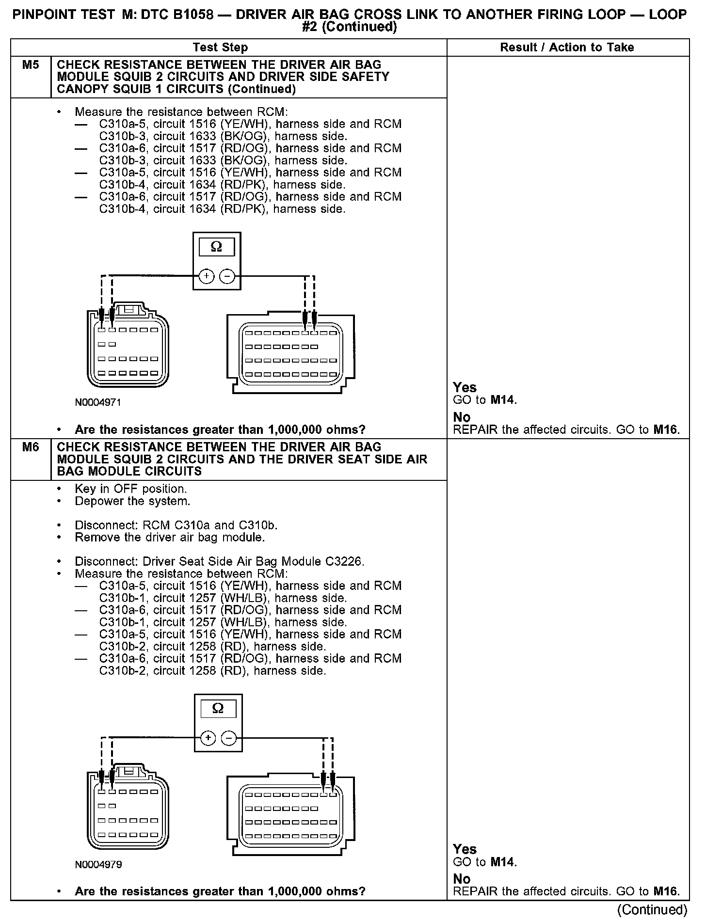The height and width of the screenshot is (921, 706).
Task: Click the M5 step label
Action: coord(31,65)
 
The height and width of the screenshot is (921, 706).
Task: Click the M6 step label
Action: coord(31,447)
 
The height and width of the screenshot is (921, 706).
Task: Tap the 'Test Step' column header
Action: coord(220,48)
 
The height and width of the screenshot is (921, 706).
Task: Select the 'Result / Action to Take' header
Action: coord(567,48)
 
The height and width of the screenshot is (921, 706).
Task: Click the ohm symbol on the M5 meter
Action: coord(217,247)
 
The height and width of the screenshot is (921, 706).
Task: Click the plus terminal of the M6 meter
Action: coord(208,738)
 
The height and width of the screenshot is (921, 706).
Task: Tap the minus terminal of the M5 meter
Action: coord(227,276)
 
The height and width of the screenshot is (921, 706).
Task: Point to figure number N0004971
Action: coord(98,402)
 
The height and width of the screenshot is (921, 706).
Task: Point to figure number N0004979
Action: coord(98,864)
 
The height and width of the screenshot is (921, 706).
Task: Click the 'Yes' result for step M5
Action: coord(465,387)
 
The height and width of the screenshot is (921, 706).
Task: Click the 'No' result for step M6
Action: coord(462,879)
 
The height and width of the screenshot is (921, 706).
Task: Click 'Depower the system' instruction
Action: coord(132,501)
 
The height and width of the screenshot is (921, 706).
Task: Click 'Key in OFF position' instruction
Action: coord(131,489)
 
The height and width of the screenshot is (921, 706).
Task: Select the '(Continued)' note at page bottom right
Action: coord(653,910)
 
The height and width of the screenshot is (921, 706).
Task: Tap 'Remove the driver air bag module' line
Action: coord(170,538)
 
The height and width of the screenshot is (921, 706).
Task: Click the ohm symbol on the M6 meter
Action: coord(218,709)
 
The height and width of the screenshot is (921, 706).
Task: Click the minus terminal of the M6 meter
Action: coord(228,738)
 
